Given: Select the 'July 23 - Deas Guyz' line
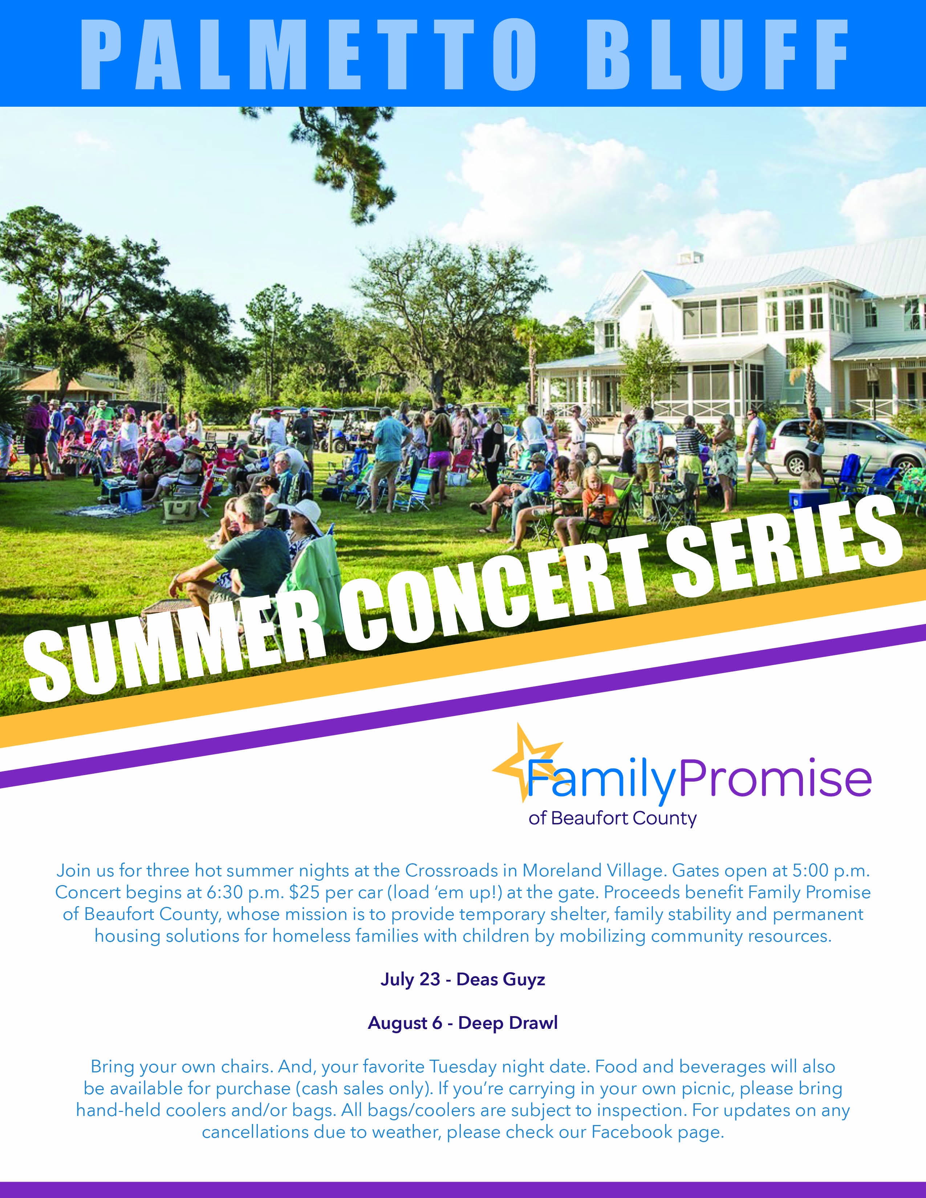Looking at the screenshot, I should (462, 979).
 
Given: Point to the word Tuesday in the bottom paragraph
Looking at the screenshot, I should (463, 1066).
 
